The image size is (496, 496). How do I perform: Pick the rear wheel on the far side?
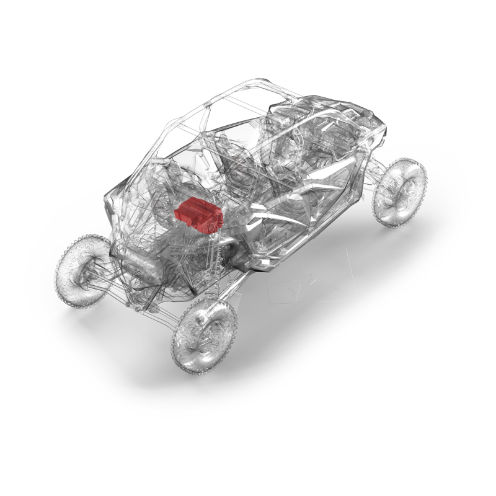pos(84,270)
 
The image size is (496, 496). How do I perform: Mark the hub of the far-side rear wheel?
pos(84,272)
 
